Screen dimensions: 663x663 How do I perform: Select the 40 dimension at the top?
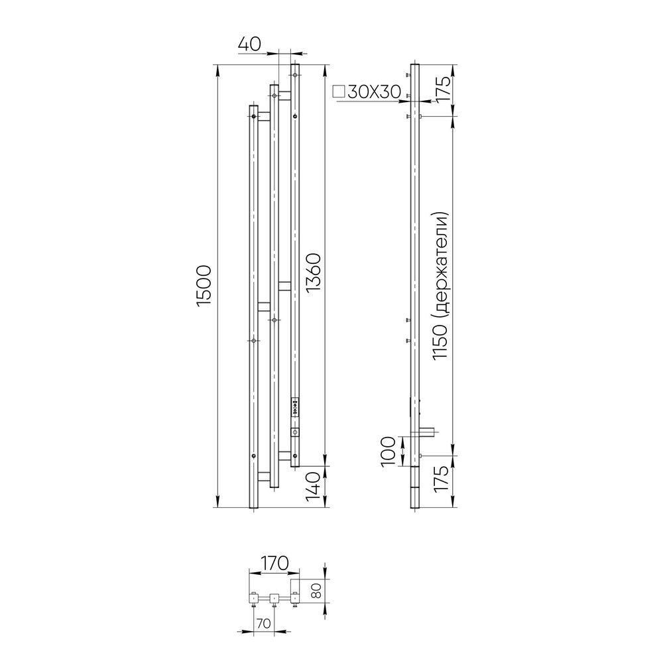pyautogui.click(x=250, y=44)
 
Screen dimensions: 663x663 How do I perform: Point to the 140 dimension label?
pyautogui.click(x=314, y=486)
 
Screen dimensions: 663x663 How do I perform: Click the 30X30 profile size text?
pyautogui.click(x=374, y=91)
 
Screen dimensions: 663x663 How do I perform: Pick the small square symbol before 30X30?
pyautogui.click(x=339, y=91)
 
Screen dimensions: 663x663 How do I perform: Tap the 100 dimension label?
pyautogui.click(x=389, y=452)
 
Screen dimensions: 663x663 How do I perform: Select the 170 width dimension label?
pyautogui.click(x=274, y=563)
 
